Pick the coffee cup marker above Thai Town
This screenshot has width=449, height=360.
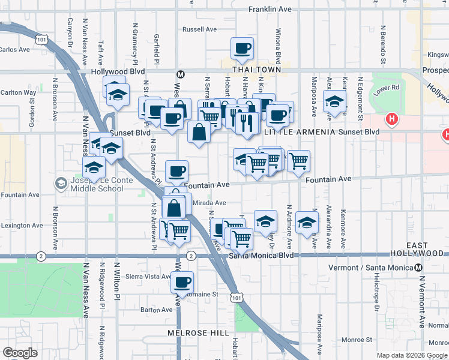pos(242,49)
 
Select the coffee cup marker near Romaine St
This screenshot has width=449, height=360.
pos(182,282)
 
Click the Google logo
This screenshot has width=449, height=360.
pos(20,353)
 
